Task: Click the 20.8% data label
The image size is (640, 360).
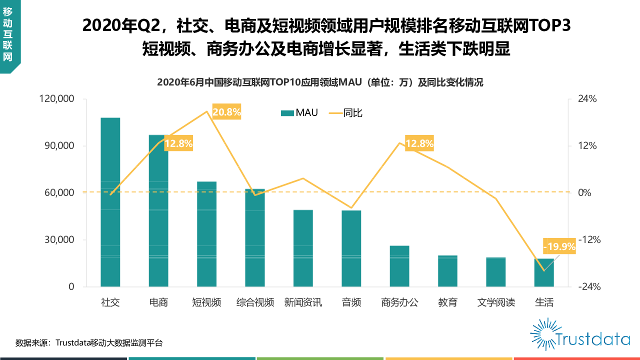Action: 226,112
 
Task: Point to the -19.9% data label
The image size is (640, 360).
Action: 559,246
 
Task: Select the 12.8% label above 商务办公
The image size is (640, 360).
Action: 419,144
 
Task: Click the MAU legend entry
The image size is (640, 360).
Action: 299,113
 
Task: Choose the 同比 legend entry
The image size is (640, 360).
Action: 346,113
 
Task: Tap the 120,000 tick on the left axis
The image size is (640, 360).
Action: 56,99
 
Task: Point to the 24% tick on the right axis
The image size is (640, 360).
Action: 588,99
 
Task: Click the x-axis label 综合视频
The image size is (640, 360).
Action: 255,302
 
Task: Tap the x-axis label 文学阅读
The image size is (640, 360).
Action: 496,302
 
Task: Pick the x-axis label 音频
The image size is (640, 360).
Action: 351,302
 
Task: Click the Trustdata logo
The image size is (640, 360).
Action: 580,334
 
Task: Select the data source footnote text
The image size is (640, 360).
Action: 89,343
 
